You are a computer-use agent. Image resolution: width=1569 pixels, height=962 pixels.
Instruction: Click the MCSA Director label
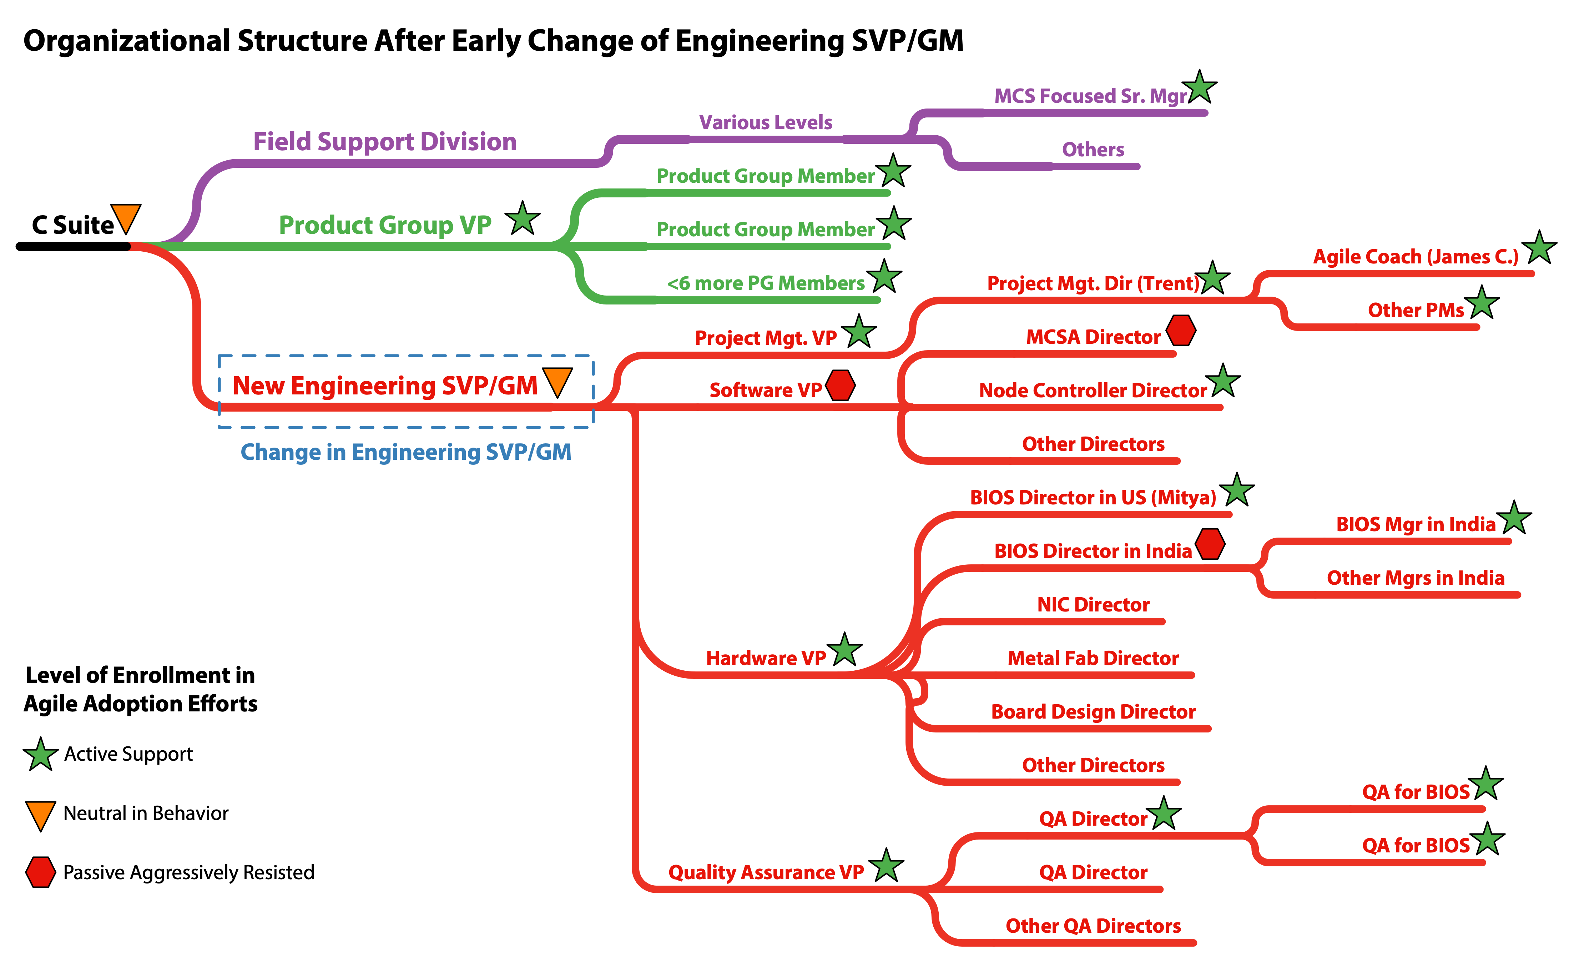[1093, 337]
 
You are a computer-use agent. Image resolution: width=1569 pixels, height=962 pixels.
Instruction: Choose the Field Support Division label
[385, 141]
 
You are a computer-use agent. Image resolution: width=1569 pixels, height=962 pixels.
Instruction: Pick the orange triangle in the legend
[40, 815]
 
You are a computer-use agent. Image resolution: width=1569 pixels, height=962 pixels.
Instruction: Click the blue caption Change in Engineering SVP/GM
[405, 452]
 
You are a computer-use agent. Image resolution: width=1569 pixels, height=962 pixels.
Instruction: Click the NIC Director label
[1093, 604]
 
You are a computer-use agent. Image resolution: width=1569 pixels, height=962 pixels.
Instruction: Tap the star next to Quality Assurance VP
[886, 866]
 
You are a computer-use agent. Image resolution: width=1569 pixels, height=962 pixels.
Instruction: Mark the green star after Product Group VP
[523, 219]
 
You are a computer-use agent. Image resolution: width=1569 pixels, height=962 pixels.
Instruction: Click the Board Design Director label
[1093, 712]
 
